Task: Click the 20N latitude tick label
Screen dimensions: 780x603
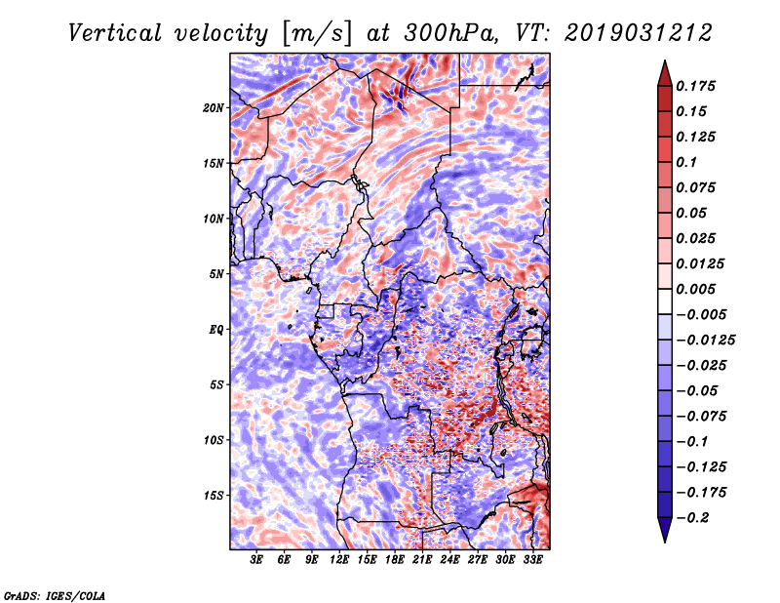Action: point(214,108)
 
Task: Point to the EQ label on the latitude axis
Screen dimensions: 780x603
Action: point(216,330)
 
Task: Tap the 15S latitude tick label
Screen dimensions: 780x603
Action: point(214,496)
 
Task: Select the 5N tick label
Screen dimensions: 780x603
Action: point(216,274)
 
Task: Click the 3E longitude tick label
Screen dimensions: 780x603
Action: point(256,560)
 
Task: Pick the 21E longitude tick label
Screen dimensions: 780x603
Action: point(422,560)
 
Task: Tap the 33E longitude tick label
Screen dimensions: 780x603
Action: point(532,560)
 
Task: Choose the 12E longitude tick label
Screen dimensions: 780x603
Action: point(339,560)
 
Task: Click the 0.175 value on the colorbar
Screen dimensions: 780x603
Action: point(696,86)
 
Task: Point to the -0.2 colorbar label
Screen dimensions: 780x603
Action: point(693,518)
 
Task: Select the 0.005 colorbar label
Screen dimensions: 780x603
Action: point(696,289)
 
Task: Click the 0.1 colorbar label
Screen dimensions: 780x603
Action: point(687,162)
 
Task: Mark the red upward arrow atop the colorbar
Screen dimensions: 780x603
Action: point(665,73)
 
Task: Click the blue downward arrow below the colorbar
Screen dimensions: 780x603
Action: point(665,530)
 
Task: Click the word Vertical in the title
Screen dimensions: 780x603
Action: point(115,33)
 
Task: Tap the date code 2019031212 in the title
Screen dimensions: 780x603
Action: point(639,33)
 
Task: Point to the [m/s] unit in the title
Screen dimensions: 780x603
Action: point(318,33)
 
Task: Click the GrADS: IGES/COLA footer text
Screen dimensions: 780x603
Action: point(55,595)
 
